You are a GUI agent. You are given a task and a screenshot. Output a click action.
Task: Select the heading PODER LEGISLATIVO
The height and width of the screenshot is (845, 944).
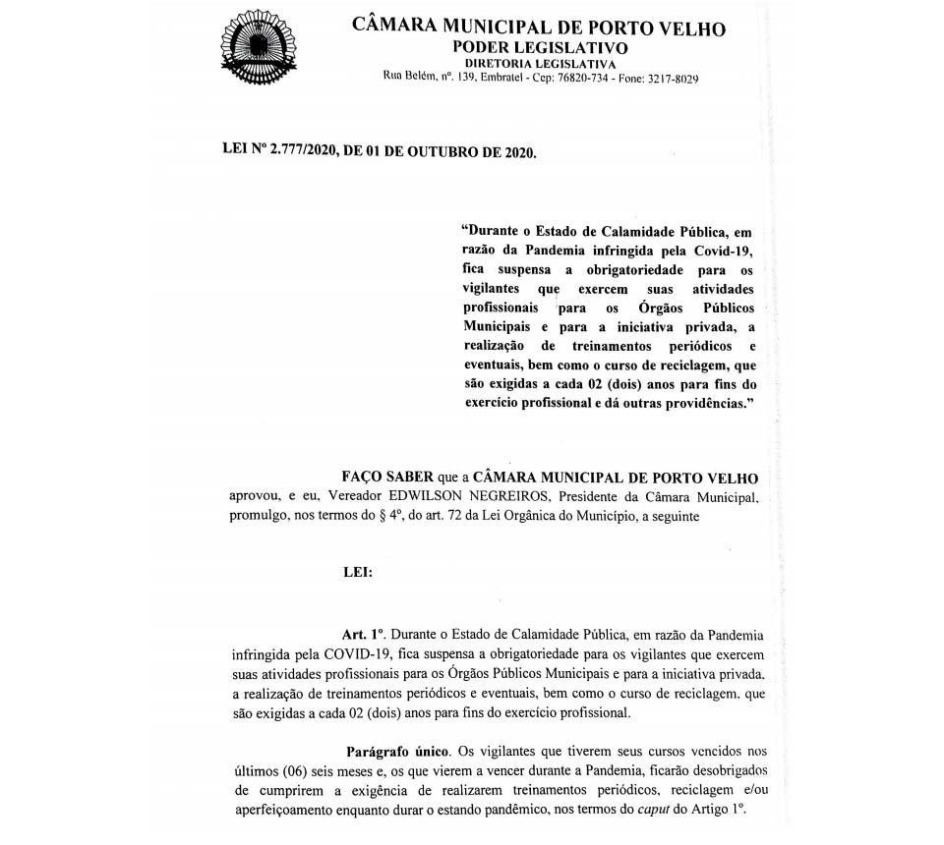540,48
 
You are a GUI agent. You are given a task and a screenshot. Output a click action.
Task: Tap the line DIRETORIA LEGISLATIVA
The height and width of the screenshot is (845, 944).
540,64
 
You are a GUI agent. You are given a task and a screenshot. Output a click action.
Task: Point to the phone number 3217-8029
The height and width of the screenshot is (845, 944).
673,79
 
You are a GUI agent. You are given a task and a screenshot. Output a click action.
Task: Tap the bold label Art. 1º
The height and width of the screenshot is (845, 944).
362,635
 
